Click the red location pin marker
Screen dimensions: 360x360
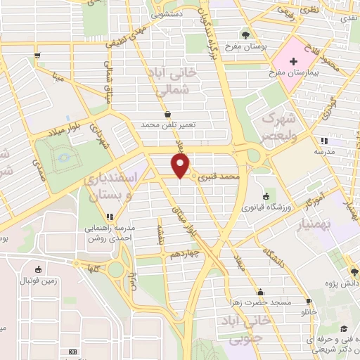click(181, 166)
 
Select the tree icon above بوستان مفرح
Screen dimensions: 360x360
click(245, 34)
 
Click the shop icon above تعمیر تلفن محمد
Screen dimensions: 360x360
click(167, 114)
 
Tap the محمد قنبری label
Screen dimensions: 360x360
click(220, 176)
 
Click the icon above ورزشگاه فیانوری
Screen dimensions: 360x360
click(265, 196)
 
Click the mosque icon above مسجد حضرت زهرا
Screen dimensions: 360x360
click(260, 292)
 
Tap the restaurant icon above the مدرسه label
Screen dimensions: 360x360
click(323, 141)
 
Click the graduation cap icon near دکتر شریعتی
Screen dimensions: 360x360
click(343, 328)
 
